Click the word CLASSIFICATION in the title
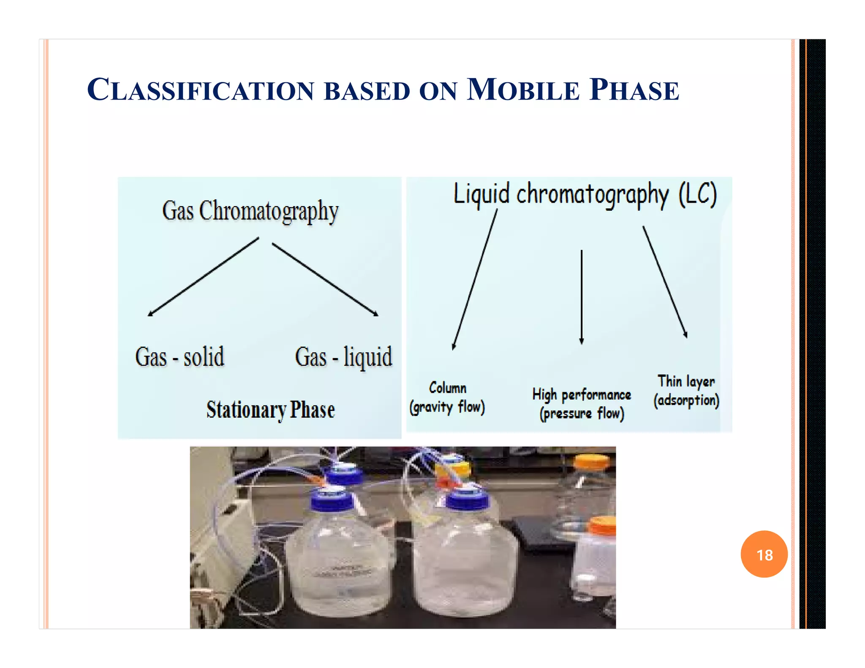click(x=201, y=90)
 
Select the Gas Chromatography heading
click(x=250, y=211)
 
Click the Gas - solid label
click(x=180, y=357)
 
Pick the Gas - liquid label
click(x=343, y=357)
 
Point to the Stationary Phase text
click(x=270, y=410)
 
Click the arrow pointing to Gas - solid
click(x=203, y=277)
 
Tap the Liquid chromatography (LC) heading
click(x=585, y=194)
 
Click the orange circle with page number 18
click(x=764, y=554)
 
